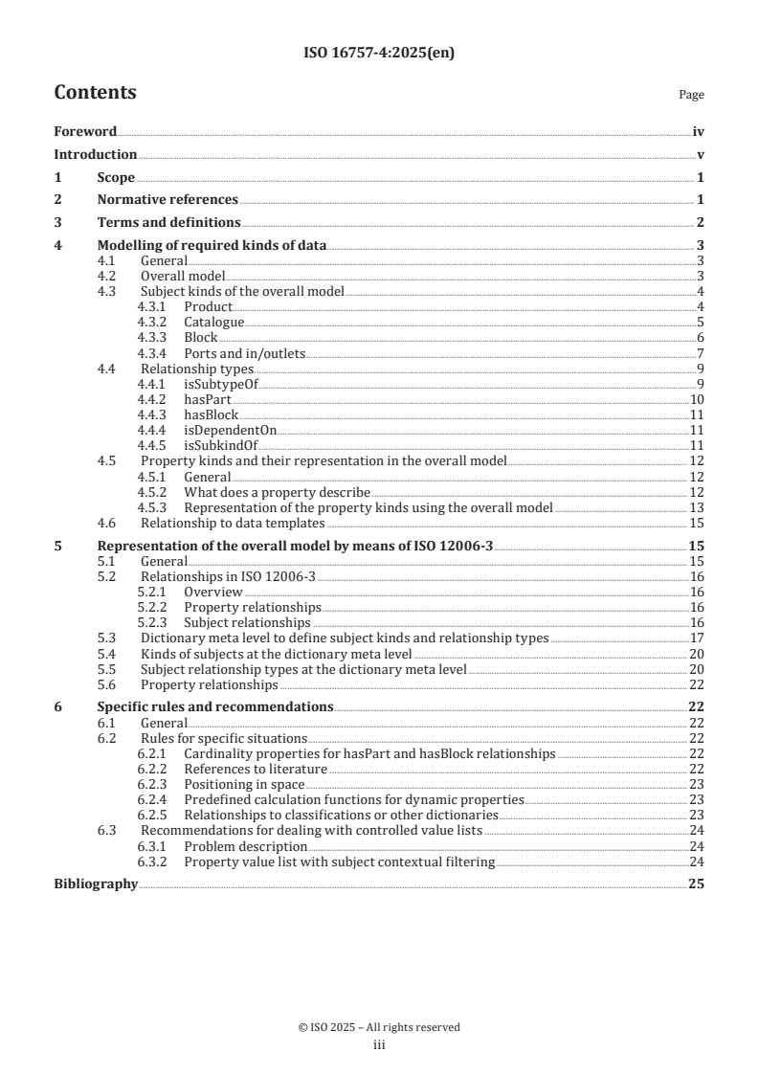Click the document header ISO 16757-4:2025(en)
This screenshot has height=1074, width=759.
click(379, 54)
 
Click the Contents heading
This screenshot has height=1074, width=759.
click(95, 93)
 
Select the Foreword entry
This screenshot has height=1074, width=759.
click(85, 131)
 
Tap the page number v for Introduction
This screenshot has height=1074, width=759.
click(701, 154)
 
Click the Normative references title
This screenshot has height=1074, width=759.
click(167, 199)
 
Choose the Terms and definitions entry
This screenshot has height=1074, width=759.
click(168, 222)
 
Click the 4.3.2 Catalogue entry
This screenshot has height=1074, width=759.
click(213, 322)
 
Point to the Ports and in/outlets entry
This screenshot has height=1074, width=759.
click(244, 353)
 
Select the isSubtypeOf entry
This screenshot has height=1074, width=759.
click(221, 384)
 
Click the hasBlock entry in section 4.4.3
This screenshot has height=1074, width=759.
click(211, 414)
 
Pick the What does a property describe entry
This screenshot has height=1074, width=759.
click(277, 492)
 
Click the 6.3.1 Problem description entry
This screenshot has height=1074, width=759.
click(245, 846)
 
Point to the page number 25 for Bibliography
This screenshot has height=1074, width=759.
click(697, 884)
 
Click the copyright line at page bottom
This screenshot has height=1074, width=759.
click(379, 1027)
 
